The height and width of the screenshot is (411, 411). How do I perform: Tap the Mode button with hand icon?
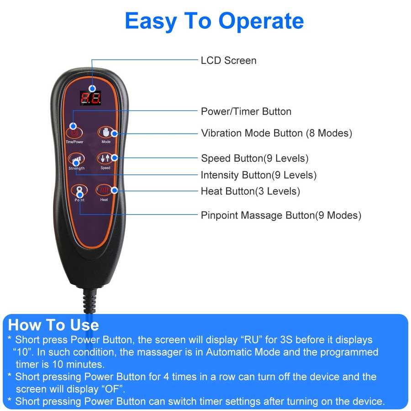106,133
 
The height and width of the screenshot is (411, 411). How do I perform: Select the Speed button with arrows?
105,158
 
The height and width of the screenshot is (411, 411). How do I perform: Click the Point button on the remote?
79,191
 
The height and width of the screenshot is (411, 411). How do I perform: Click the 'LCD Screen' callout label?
228,60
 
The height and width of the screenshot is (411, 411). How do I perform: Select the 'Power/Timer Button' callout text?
246,111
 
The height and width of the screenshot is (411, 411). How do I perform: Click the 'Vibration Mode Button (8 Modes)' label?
276,133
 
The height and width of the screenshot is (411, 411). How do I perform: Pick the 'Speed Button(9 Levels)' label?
254,158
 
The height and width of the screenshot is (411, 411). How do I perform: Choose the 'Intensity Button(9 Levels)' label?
258,175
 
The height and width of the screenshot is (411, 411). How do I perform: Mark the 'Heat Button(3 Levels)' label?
250,191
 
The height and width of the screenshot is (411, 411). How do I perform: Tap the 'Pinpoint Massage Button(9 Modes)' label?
281,215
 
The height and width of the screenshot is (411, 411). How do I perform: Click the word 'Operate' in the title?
261,21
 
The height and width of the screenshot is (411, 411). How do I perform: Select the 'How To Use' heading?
53,325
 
